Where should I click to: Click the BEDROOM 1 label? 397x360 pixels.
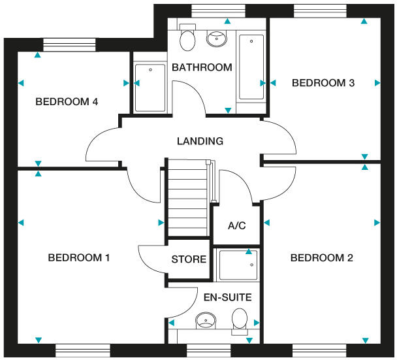(78, 258)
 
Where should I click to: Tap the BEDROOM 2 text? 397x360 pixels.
(321, 258)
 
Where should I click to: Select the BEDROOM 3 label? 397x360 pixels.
(323, 83)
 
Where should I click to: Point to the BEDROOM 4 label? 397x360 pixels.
(67, 102)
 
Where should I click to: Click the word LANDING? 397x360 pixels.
(200, 141)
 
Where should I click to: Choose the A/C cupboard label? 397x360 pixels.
(236, 226)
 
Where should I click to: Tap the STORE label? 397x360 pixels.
(189, 259)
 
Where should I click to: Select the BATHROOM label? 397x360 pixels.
(202, 67)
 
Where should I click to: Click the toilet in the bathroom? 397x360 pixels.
(187, 39)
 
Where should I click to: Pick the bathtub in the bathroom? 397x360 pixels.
(251, 67)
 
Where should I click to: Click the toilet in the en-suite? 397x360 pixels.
(240, 321)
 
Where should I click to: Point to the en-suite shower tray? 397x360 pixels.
(236, 265)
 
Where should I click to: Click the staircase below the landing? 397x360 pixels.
(188, 196)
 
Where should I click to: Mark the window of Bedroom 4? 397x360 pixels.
(69, 44)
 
